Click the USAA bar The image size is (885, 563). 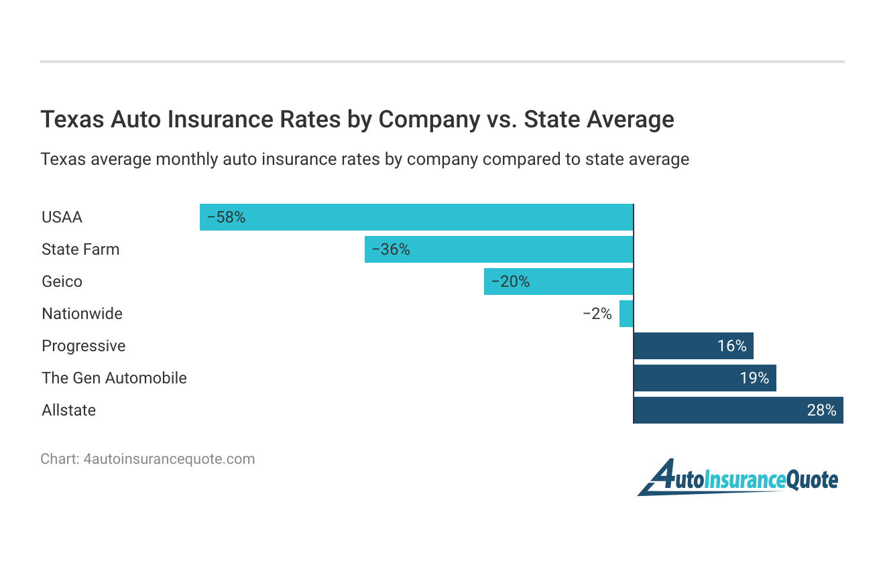click(x=416, y=217)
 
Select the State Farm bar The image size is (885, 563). click(x=498, y=249)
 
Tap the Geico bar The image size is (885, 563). click(x=558, y=281)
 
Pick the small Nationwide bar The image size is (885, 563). click(x=626, y=314)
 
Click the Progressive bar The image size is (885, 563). click(x=693, y=346)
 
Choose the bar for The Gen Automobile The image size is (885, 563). click(x=705, y=378)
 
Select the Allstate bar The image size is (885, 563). click(x=738, y=410)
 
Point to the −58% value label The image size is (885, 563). click(x=227, y=217)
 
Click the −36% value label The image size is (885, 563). click(x=391, y=249)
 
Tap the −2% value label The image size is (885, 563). click(x=597, y=314)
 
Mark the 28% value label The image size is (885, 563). click(x=821, y=410)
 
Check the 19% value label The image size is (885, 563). click(x=754, y=378)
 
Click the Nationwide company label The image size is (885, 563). click(x=82, y=314)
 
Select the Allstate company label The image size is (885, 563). click(x=68, y=410)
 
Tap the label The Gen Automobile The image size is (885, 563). click(x=114, y=378)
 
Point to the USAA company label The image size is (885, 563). click(x=62, y=217)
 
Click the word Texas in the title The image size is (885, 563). click(x=72, y=119)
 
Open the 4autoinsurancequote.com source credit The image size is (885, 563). click(x=147, y=459)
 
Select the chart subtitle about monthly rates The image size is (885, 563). click(x=365, y=160)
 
